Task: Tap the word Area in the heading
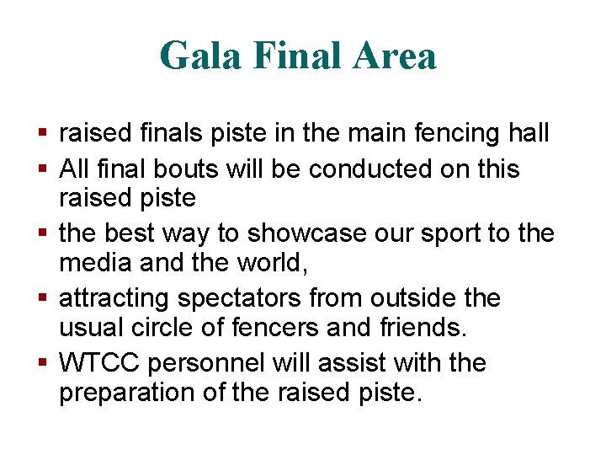pyautogui.click(x=395, y=56)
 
